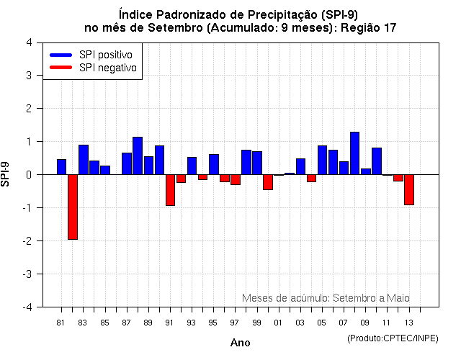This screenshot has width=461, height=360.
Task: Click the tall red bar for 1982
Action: (x=73, y=207)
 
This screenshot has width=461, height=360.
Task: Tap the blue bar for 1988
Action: (x=138, y=156)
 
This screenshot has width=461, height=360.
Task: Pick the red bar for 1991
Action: (x=170, y=190)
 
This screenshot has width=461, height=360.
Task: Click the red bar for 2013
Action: (x=409, y=189)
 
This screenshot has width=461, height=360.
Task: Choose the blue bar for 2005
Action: (x=322, y=160)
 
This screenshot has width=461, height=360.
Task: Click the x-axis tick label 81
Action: (x=61, y=323)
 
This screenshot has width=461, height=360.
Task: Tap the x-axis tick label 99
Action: (x=256, y=323)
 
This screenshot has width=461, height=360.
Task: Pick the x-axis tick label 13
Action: (x=408, y=323)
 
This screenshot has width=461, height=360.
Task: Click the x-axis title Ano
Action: (x=240, y=343)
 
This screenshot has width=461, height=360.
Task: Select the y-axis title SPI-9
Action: (x=6, y=174)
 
